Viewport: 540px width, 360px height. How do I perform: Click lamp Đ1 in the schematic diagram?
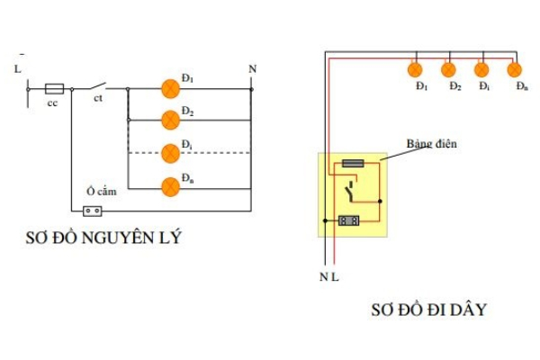pyautogui.click(x=170, y=88)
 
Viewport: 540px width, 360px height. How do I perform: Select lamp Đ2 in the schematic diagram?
pyautogui.click(x=170, y=119)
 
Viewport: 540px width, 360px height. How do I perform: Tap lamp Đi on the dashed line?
pyautogui.click(x=170, y=152)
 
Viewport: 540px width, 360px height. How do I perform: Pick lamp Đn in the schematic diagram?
pyautogui.click(x=170, y=186)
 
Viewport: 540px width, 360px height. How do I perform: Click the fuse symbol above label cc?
pyautogui.click(x=54, y=88)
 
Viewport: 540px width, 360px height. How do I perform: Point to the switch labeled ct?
pyautogui.click(x=97, y=87)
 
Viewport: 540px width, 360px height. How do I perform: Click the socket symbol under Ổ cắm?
pyautogui.click(x=92, y=211)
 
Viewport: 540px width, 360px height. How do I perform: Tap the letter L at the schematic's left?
pyautogui.click(x=18, y=67)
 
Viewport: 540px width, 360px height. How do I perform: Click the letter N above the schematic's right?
pyautogui.click(x=252, y=69)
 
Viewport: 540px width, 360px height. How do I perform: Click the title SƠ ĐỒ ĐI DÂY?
pyautogui.click(x=428, y=310)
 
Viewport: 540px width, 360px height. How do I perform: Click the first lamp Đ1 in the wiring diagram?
pyautogui.click(x=416, y=69)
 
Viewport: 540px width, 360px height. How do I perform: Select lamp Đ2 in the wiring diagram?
pyautogui.click(x=448, y=69)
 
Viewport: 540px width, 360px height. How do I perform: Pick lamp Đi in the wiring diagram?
pyautogui.click(x=481, y=69)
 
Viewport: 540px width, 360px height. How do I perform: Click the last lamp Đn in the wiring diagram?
pyautogui.click(x=514, y=69)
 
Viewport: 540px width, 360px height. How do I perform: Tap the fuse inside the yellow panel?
pyautogui.click(x=354, y=165)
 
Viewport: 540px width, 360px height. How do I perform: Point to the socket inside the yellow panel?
pyautogui.click(x=349, y=220)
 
